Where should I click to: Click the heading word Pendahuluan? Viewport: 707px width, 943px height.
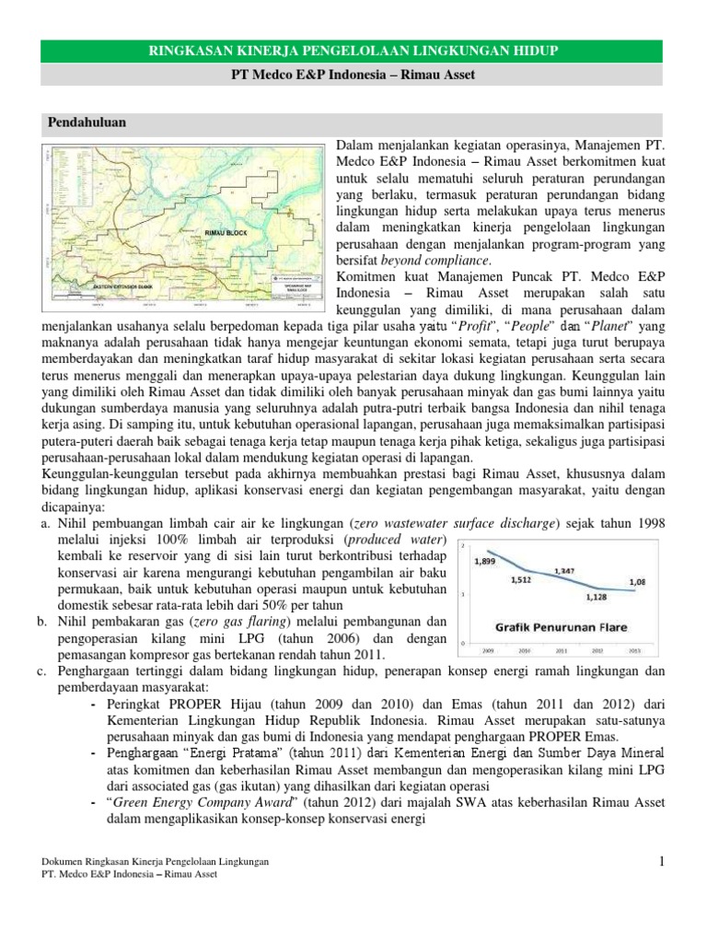[x=87, y=122]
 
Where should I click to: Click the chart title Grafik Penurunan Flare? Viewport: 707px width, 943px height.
[x=562, y=628]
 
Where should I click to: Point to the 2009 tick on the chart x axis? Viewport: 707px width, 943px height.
[x=487, y=648]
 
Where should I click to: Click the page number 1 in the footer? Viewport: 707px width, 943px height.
[x=661, y=861]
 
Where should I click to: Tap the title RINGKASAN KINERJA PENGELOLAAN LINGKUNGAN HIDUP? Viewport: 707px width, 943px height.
[x=353, y=47]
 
